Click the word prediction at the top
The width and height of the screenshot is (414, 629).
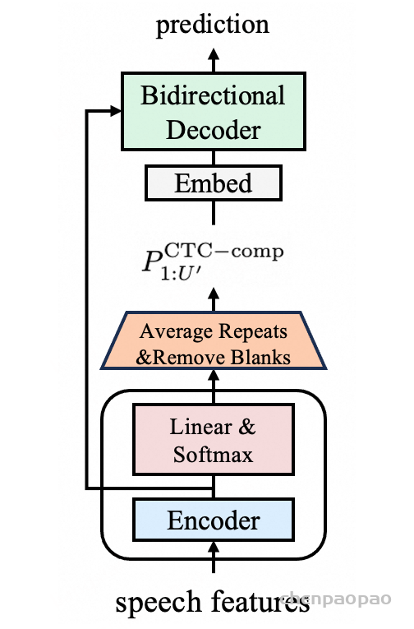tap(213, 25)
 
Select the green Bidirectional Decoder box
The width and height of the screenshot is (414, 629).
tap(214, 112)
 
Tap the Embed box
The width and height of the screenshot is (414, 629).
tap(214, 183)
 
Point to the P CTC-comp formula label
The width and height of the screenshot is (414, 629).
tap(213, 261)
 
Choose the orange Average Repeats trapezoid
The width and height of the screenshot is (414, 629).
tap(214, 340)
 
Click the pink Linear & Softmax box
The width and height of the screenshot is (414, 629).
tap(214, 440)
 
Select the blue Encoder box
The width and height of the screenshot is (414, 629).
tap(214, 520)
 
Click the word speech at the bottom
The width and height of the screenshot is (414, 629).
tap(159, 603)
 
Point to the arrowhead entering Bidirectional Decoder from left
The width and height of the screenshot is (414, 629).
tap(116, 111)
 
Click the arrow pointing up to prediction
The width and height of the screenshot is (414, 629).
tap(214, 60)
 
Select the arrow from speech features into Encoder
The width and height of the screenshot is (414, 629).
tap(214, 557)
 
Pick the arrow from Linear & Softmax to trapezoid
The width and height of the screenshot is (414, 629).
tap(214, 386)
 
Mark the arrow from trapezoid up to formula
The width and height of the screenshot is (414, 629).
tap(214, 299)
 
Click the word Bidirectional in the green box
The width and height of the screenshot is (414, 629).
tap(213, 95)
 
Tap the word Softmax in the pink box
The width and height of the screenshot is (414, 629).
tap(214, 455)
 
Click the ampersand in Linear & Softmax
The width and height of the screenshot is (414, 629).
tap(247, 427)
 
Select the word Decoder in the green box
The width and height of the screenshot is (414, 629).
tap(214, 130)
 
